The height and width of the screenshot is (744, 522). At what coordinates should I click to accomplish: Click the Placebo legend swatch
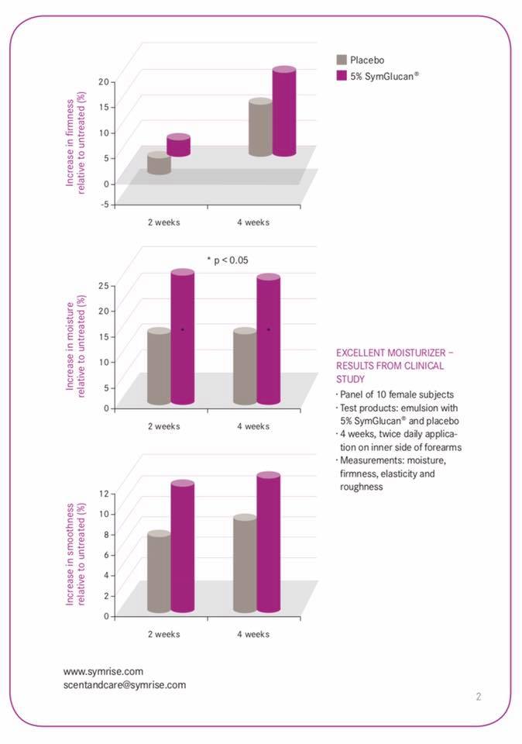341,60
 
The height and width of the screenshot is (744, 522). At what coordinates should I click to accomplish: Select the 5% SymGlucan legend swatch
341,76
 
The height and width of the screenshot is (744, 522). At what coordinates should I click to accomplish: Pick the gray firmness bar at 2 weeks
159,164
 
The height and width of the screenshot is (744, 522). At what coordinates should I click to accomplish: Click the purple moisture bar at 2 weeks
182,337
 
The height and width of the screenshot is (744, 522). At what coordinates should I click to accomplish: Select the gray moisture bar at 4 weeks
245,367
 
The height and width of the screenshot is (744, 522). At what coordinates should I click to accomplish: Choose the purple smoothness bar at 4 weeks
268,542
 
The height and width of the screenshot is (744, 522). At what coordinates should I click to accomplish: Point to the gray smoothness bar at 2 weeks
159,573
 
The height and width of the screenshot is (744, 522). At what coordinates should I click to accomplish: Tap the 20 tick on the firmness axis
103,81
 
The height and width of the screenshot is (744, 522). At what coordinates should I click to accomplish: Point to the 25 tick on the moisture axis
103,286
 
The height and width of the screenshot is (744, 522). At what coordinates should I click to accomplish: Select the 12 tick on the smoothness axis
104,493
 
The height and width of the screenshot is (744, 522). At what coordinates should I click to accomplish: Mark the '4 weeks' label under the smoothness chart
253,634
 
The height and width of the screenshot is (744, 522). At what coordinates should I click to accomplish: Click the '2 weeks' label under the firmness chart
164,222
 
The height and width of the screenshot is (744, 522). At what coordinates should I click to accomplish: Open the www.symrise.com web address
103,671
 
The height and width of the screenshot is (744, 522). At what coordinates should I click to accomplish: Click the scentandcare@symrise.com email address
124,685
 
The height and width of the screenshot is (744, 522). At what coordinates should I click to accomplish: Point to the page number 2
478,696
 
